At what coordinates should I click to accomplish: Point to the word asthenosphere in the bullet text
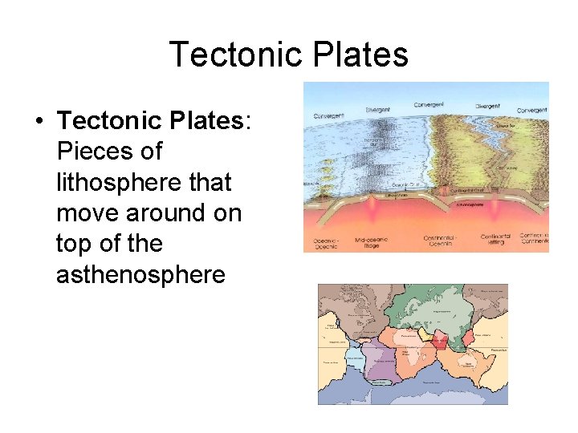pos(140,275)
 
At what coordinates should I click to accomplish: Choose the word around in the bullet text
pos(174,213)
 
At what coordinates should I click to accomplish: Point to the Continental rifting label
pos(495,240)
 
